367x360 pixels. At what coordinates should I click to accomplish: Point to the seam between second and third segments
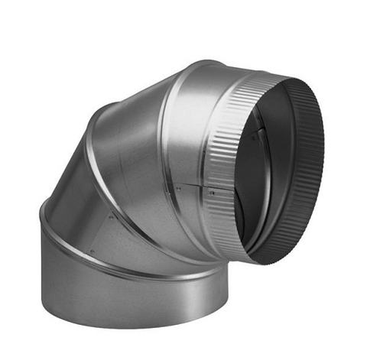[x=96, y=164]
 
